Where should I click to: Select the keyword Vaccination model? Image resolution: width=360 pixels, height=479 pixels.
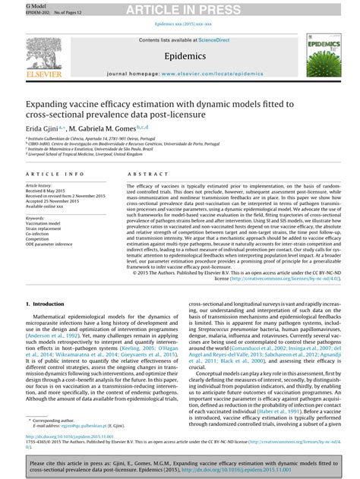[x=43, y=224]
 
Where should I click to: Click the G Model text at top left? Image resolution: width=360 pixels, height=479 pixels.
[x=16, y=4]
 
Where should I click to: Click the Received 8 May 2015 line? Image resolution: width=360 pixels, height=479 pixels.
[x=49, y=191]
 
